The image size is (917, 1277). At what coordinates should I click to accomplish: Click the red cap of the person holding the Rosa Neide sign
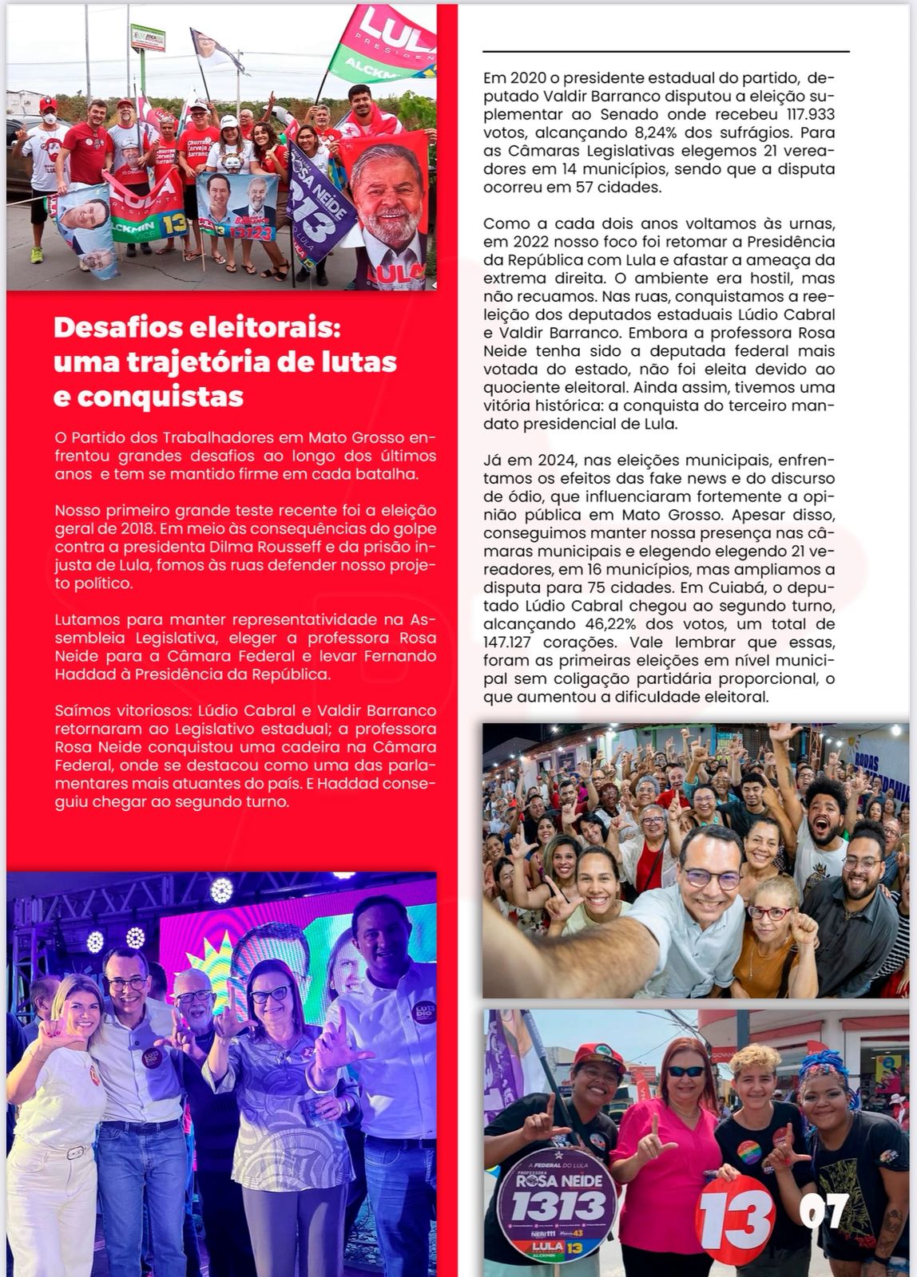tap(597, 1057)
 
